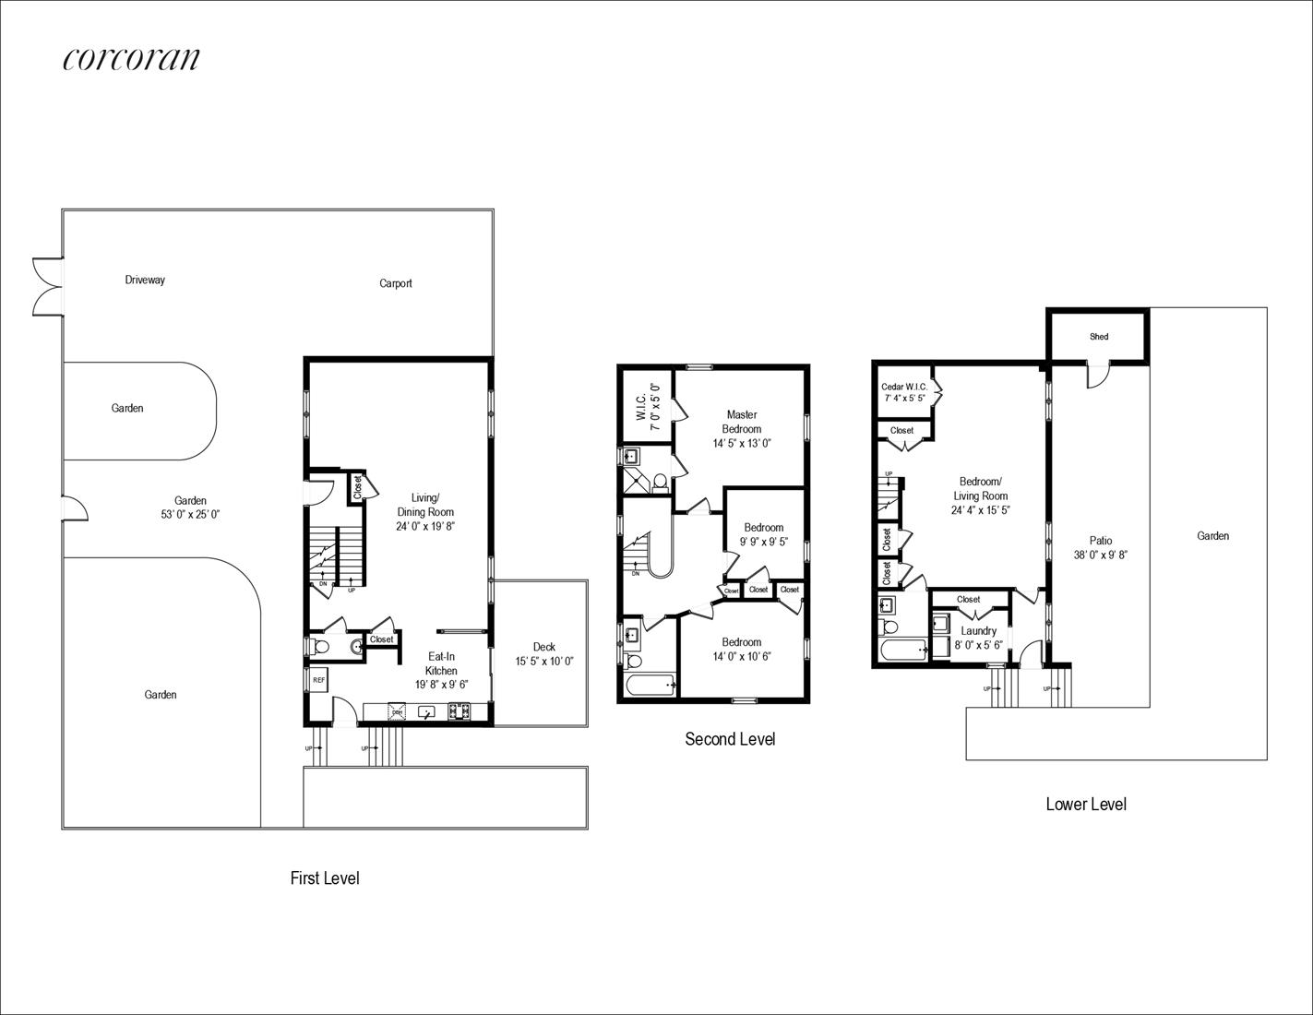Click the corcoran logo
click(131, 59)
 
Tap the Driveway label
click(145, 280)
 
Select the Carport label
click(396, 283)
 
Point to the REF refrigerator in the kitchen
click(318, 680)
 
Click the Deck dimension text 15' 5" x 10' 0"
click(543, 662)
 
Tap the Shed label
click(1099, 337)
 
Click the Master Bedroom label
click(742, 422)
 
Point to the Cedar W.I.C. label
click(904, 387)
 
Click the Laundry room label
click(978, 631)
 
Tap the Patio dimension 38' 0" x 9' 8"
click(1100, 555)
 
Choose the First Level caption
click(325, 878)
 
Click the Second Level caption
click(730, 739)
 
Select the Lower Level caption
click(1086, 804)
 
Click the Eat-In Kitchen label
click(441, 663)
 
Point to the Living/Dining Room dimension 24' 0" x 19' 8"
click(425, 526)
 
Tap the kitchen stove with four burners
click(459, 711)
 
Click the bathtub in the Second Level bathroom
click(651, 685)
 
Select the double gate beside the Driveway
click(48, 286)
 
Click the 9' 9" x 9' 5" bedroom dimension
click(764, 542)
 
